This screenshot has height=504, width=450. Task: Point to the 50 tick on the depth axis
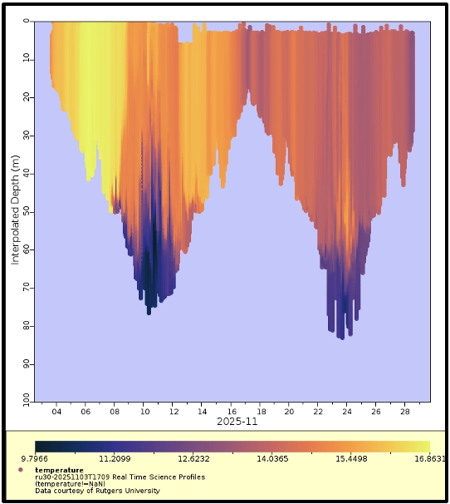pos(27,211)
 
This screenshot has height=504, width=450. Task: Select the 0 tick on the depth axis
pos(27,21)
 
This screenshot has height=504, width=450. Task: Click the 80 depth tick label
pos(27,326)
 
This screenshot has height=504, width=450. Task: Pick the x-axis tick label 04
pos(56,412)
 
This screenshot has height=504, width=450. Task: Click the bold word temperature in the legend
pos(59,470)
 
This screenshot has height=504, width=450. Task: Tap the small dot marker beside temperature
pos(19,470)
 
